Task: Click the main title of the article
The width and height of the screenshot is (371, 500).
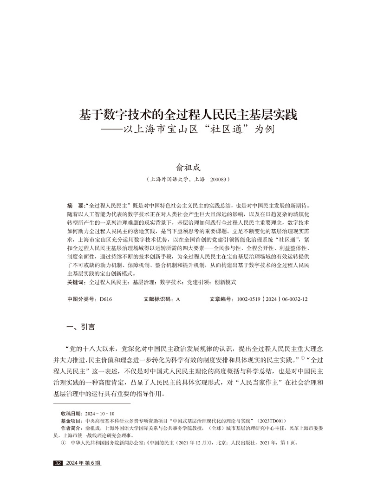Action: (185, 114)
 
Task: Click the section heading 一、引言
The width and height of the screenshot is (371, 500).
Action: (81, 327)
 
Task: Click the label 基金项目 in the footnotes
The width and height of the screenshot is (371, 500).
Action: (71, 421)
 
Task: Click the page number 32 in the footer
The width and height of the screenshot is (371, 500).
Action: (58, 463)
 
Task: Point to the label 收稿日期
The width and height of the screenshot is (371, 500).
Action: (71, 414)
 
